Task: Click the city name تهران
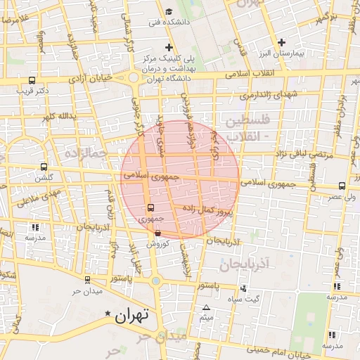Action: click(133, 315)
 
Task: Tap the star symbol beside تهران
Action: click(108, 313)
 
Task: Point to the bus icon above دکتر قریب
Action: click(32, 80)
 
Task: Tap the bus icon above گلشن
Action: click(44, 167)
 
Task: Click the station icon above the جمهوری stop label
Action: click(150, 208)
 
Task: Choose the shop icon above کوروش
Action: click(157, 233)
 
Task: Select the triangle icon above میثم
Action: click(207, 308)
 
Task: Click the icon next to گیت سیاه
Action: click(243, 288)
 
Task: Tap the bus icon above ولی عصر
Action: click(342, 186)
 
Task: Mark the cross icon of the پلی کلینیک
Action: click(169, 46)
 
